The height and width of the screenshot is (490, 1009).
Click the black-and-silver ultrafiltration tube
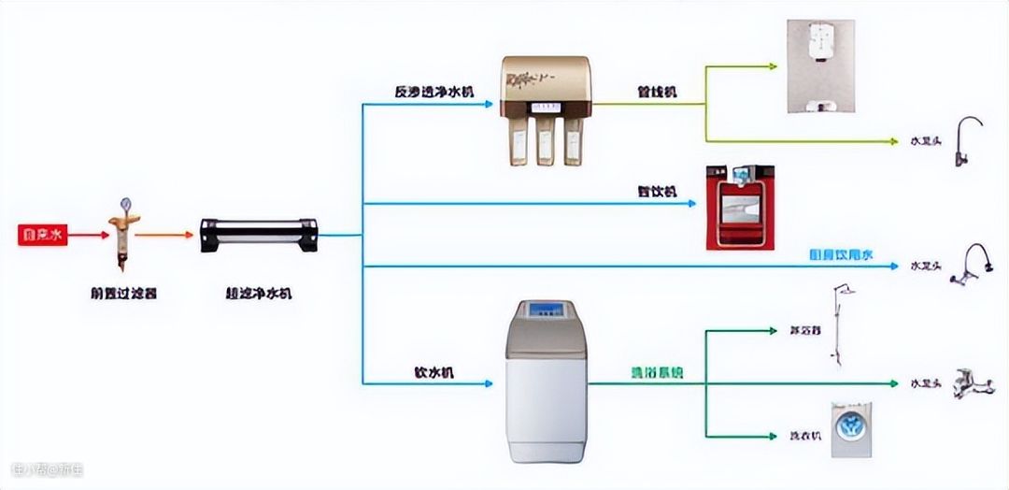259,236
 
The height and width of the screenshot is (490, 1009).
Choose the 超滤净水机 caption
260,293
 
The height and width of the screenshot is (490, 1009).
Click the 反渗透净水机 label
433,92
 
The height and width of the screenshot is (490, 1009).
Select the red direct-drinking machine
740,207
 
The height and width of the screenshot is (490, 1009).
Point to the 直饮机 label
658,192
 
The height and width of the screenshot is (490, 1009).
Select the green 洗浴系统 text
656,372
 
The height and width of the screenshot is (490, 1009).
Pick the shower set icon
839,325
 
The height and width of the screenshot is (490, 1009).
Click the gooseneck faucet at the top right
968,140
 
